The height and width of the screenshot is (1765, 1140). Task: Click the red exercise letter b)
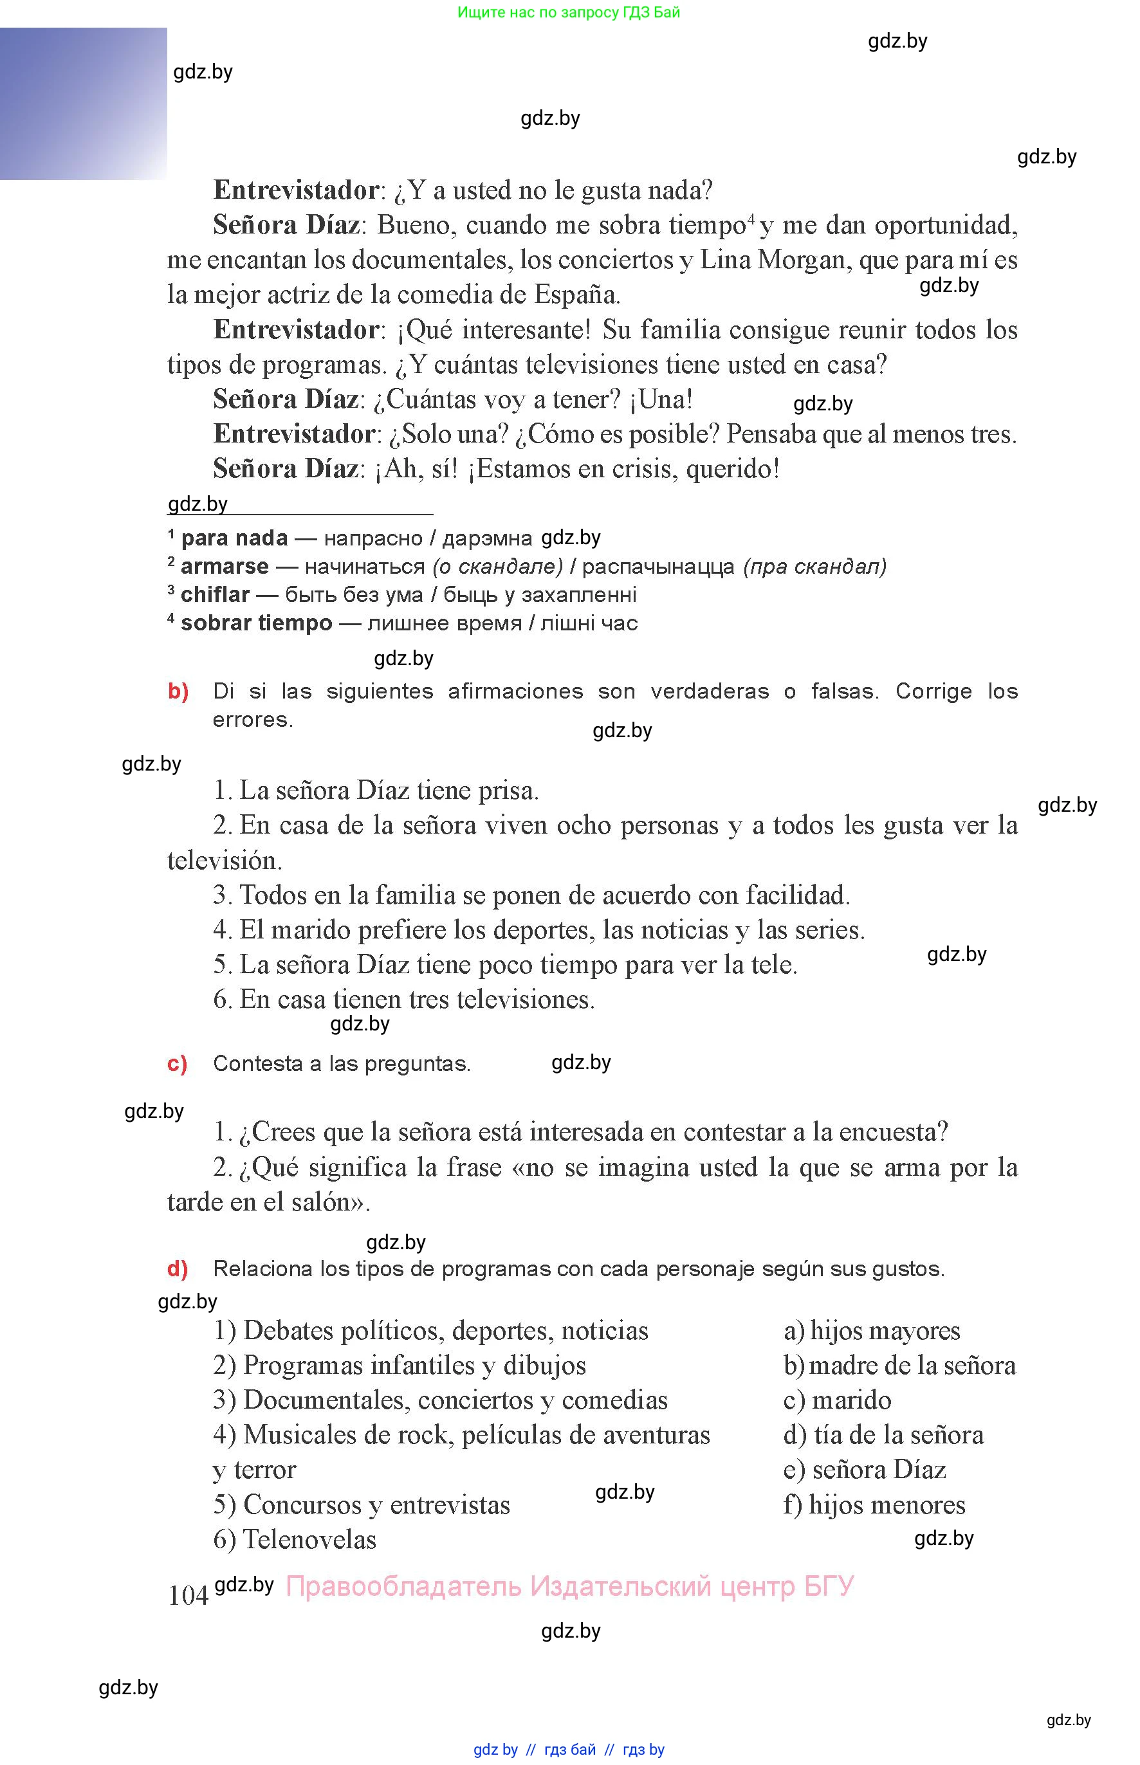pos(178,691)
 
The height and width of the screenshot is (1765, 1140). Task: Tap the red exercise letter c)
pos(178,1063)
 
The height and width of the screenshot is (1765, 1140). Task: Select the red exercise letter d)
pos(178,1268)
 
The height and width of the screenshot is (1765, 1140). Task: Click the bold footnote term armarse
pos(225,566)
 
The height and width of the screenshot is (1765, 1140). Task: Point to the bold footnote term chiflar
pos(215,594)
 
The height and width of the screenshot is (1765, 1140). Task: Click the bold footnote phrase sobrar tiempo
pos(256,623)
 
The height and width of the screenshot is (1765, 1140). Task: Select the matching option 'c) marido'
pos(837,1400)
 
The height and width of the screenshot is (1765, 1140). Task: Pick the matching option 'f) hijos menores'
pos(874,1504)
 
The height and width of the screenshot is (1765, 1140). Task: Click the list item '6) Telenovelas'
pos(295,1539)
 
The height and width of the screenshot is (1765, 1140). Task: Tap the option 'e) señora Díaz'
pos(865,1469)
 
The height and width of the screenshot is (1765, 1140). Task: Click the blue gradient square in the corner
pos(83,104)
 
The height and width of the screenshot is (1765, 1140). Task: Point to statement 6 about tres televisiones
pos(404,999)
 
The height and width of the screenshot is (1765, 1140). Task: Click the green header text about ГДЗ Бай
pos(569,13)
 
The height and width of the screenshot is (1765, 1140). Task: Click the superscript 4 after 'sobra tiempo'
pos(751,218)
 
